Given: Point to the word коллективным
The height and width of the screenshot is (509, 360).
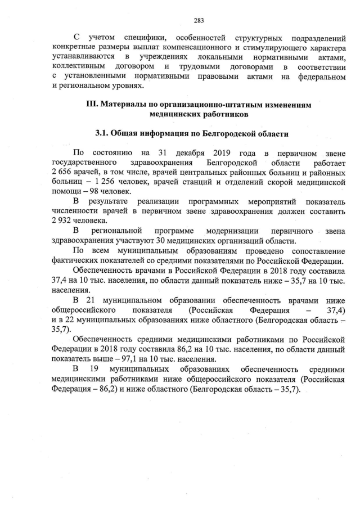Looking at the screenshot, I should point(76,66).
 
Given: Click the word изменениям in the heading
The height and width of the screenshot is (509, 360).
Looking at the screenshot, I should point(287,104).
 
